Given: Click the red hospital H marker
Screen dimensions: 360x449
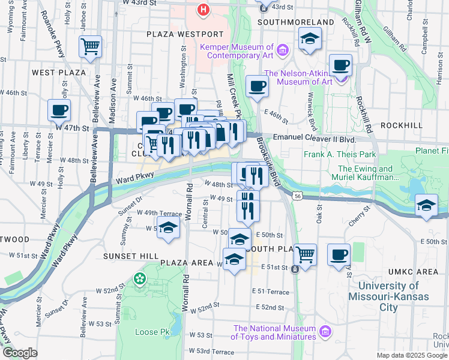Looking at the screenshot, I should point(204,10).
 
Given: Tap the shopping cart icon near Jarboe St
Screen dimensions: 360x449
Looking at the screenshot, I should point(89,46).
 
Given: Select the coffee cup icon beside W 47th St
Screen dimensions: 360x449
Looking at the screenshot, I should point(59,110).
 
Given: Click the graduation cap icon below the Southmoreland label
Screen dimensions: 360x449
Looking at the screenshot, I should point(310,40).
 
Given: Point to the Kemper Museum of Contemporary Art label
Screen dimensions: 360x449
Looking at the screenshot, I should point(241,51).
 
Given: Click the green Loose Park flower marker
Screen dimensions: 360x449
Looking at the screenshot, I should point(140,278).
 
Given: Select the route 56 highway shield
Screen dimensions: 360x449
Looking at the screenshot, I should point(298,195).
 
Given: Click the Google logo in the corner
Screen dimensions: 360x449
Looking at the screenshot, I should point(20,352).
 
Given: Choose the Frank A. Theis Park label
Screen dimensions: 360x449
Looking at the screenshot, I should point(340,154).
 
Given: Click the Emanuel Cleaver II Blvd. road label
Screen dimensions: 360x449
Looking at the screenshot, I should point(315,139).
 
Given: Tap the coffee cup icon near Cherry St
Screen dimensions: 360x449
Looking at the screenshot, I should point(339,254).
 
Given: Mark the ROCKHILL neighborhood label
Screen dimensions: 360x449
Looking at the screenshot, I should point(402,125).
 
